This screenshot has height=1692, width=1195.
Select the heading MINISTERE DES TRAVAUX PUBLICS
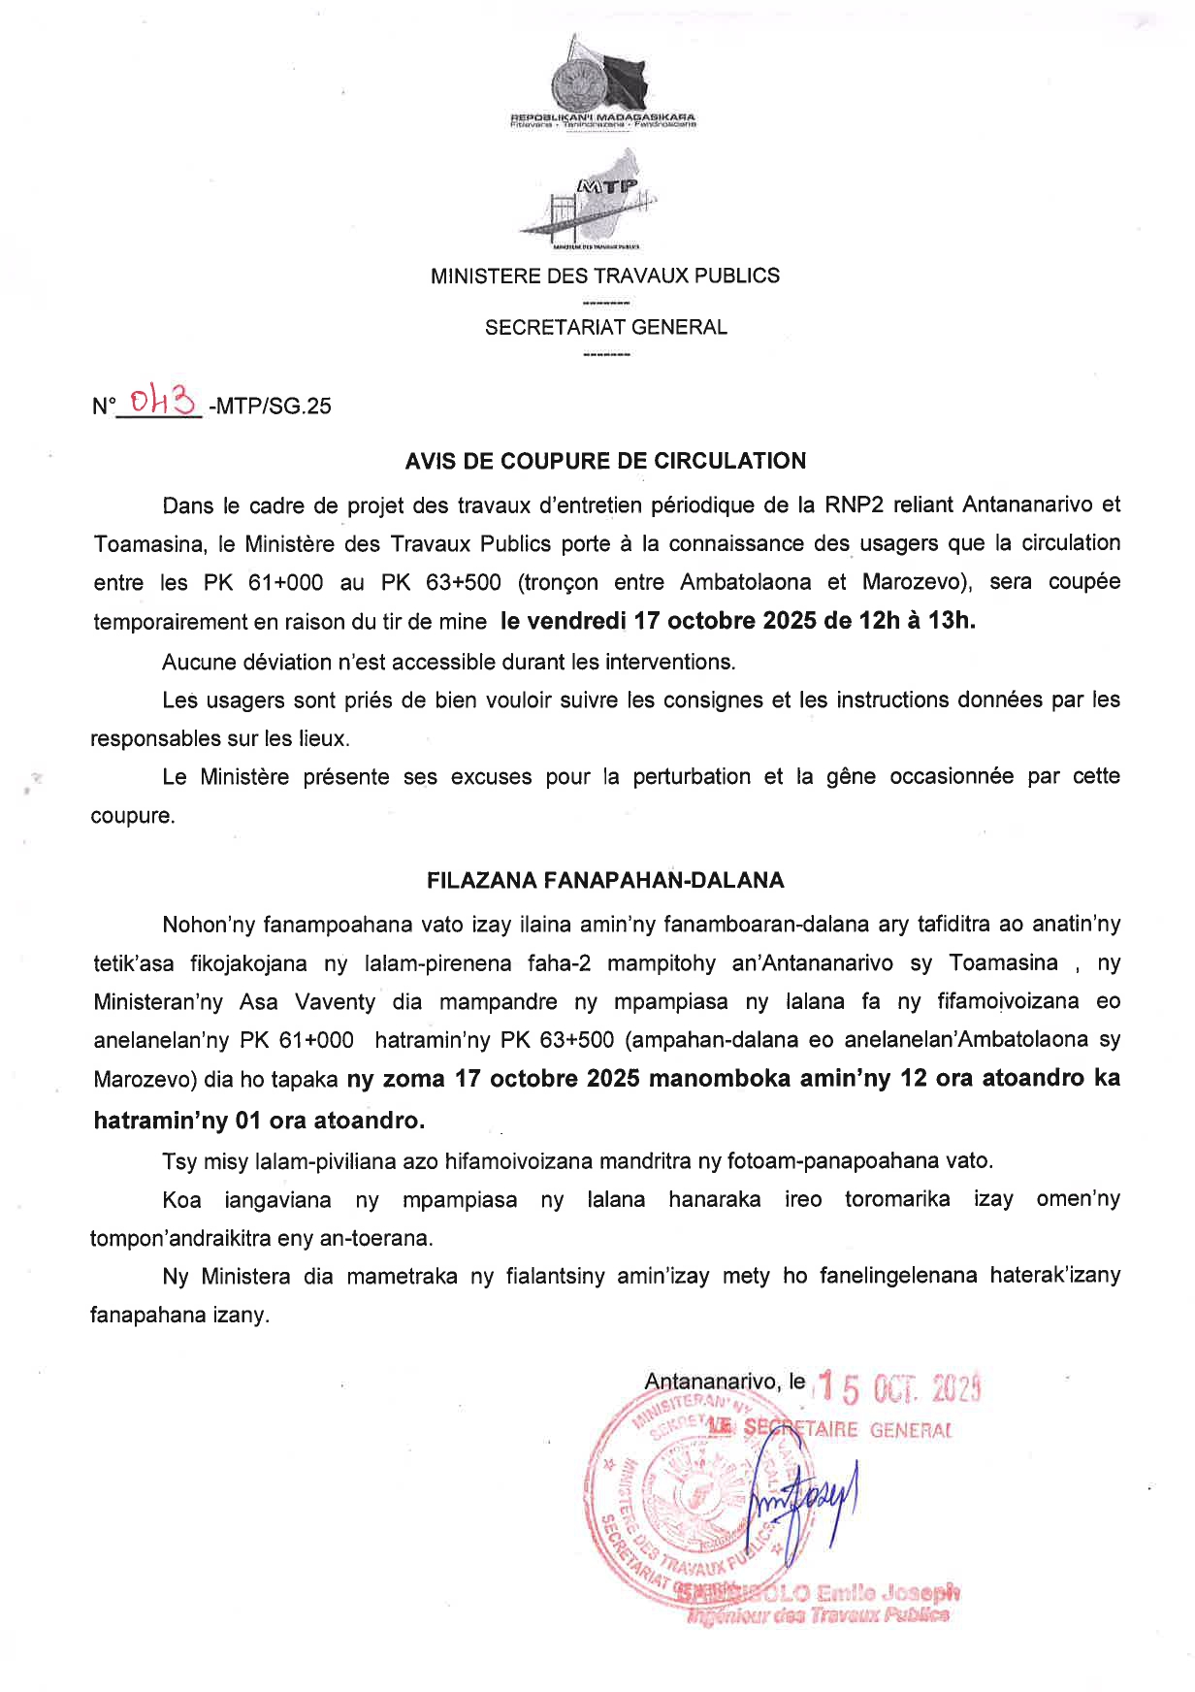click(604, 276)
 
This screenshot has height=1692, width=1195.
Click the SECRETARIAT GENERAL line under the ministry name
click(605, 327)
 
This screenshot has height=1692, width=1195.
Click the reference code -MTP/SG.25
click(270, 407)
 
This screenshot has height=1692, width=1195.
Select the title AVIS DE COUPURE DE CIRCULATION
click(605, 461)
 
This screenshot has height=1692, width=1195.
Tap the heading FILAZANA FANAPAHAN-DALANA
click(605, 880)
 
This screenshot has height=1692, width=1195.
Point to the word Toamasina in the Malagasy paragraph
click(1003, 962)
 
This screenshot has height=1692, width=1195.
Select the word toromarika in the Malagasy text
click(897, 1198)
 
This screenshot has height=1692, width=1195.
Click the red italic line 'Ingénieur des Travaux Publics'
click(818, 1615)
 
